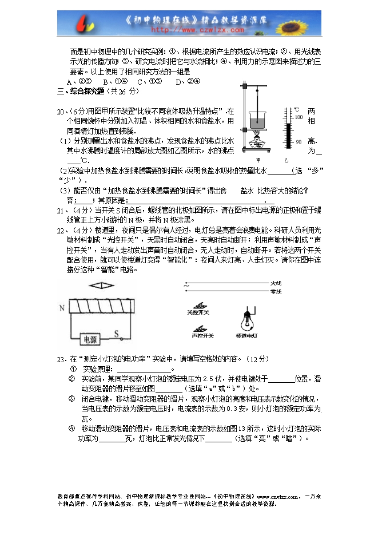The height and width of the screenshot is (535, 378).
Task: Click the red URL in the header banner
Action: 197,29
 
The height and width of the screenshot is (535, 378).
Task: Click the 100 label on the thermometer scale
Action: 297,117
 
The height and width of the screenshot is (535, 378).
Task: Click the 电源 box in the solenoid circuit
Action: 90,339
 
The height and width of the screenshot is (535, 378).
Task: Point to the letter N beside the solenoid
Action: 61,308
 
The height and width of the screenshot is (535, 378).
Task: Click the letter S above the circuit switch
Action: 116,332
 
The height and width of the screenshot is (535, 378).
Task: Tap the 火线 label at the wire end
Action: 276,283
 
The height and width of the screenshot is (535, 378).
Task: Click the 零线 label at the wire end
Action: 276,292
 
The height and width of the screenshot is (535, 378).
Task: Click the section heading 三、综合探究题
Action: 81,91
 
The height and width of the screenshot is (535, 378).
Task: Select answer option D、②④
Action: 188,81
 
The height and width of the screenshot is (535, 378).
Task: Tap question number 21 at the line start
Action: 60,211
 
